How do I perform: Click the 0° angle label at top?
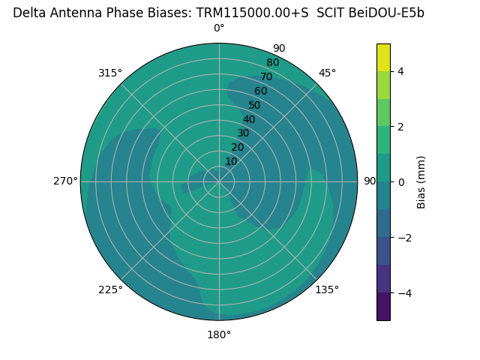[219, 28]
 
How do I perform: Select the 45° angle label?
[327, 73]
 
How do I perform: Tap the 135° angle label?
[327, 289]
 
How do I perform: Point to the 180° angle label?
[219, 334]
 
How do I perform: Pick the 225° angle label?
[110, 289]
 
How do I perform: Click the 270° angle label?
[65, 181]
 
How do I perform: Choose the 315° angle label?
[110, 73]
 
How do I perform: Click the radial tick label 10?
[231, 161]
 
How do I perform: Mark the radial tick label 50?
[254, 105]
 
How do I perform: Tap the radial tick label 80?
[272, 62]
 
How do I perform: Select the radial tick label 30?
[243, 133]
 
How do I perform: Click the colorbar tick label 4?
[400, 71]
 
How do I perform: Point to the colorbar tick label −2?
[403, 238]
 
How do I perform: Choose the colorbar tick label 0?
[400, 182]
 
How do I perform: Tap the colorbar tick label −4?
[403, 293]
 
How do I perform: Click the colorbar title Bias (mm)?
[421, 182]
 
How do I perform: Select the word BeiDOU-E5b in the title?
[387, 13]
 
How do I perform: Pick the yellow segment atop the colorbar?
[383, 58]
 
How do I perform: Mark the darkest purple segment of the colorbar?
[383, 307]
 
